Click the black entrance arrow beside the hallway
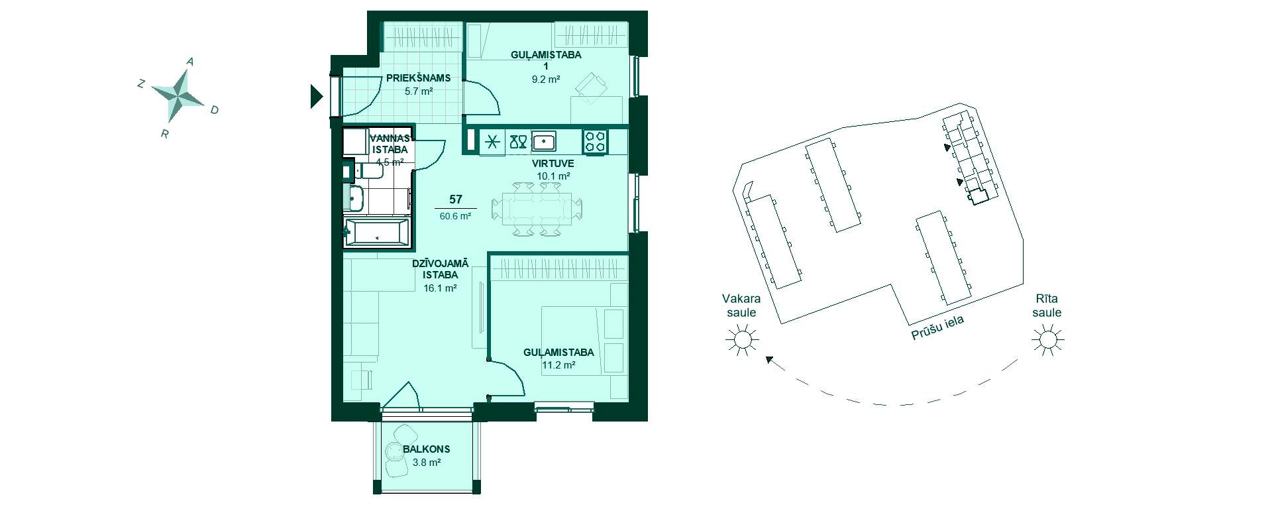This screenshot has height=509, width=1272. click(316, 97)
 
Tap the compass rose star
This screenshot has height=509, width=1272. click(178, 95)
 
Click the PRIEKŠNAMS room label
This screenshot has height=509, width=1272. click(418, 78)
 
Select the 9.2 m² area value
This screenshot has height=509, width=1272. click(546, 79)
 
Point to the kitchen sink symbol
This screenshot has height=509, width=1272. click(543, 141)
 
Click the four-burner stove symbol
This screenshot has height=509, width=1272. click(594, 141)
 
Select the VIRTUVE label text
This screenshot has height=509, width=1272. click(553, 163)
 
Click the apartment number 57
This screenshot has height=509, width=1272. click(455, 199)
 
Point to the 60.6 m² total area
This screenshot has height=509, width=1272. click(455, 216)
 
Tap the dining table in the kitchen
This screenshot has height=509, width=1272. click(537, 209)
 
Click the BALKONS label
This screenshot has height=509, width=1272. click(426, 449)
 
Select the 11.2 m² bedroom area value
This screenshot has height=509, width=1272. click(558, 365)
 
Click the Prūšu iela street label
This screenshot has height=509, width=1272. click(937, 327)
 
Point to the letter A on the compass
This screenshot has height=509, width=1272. click(190, 62)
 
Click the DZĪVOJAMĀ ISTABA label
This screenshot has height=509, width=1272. click(440, 269)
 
